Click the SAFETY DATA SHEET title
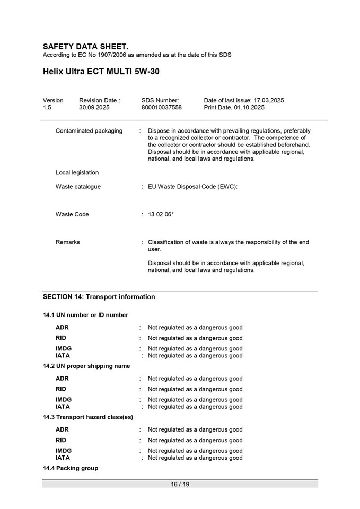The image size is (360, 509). coord(85,47)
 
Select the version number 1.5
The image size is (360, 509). coord(47,107)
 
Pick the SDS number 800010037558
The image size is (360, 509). coord(161,107)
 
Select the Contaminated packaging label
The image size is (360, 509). coord(89,131)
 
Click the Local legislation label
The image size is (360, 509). coord(77,173)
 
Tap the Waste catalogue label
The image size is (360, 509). coord(78,187)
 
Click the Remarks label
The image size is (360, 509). coord(68,242)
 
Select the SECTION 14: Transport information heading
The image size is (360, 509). coord(99,297)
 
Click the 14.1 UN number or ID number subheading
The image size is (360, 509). coord(85,315)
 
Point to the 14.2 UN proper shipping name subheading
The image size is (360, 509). coord(86,366)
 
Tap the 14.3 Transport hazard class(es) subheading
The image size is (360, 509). coord(88,417)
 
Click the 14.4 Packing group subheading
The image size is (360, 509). coord(71,468)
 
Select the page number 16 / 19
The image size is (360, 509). coord(180,484)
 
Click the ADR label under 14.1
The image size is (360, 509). coord(62,328)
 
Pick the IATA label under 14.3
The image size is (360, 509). coord(63,458)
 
